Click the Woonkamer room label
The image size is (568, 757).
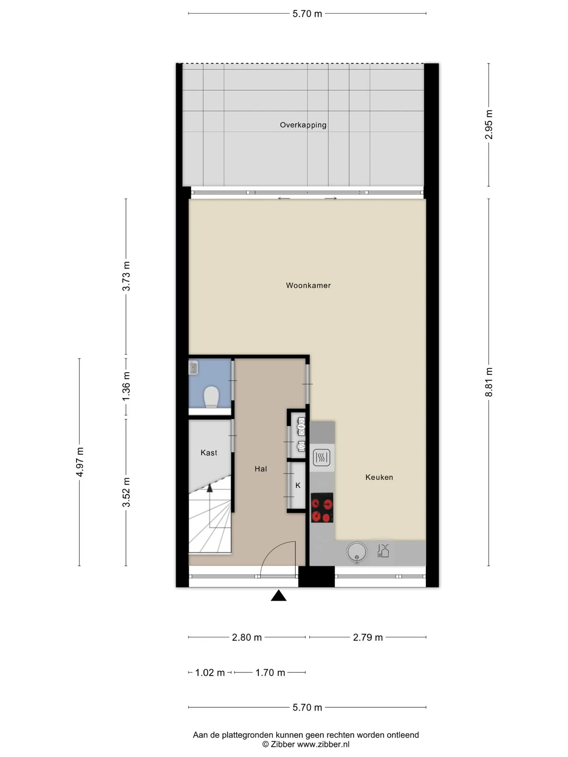(308, 285)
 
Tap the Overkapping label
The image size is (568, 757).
(303, 125)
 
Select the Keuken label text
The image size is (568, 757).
(379, 477)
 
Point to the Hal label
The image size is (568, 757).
(261, 469)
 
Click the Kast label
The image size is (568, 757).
(209, 453)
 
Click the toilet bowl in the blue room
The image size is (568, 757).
(211, 397)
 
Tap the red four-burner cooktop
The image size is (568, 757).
(322, 508)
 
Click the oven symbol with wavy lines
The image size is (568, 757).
(321, 458)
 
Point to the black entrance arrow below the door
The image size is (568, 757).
(278, 595)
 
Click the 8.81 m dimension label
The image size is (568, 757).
(489, 382)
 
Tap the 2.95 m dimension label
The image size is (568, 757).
(489, 125)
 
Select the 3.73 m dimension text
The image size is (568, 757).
(126, 276)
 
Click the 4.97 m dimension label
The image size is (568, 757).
(79, 462)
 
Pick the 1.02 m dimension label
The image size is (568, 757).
(210, 673)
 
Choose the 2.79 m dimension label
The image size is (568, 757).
(368, 638)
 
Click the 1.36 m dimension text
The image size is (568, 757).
(126, 386)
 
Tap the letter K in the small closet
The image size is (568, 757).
(298, 485)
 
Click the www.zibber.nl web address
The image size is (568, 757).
(323, 744)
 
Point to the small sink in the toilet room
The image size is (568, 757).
(193, 368)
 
